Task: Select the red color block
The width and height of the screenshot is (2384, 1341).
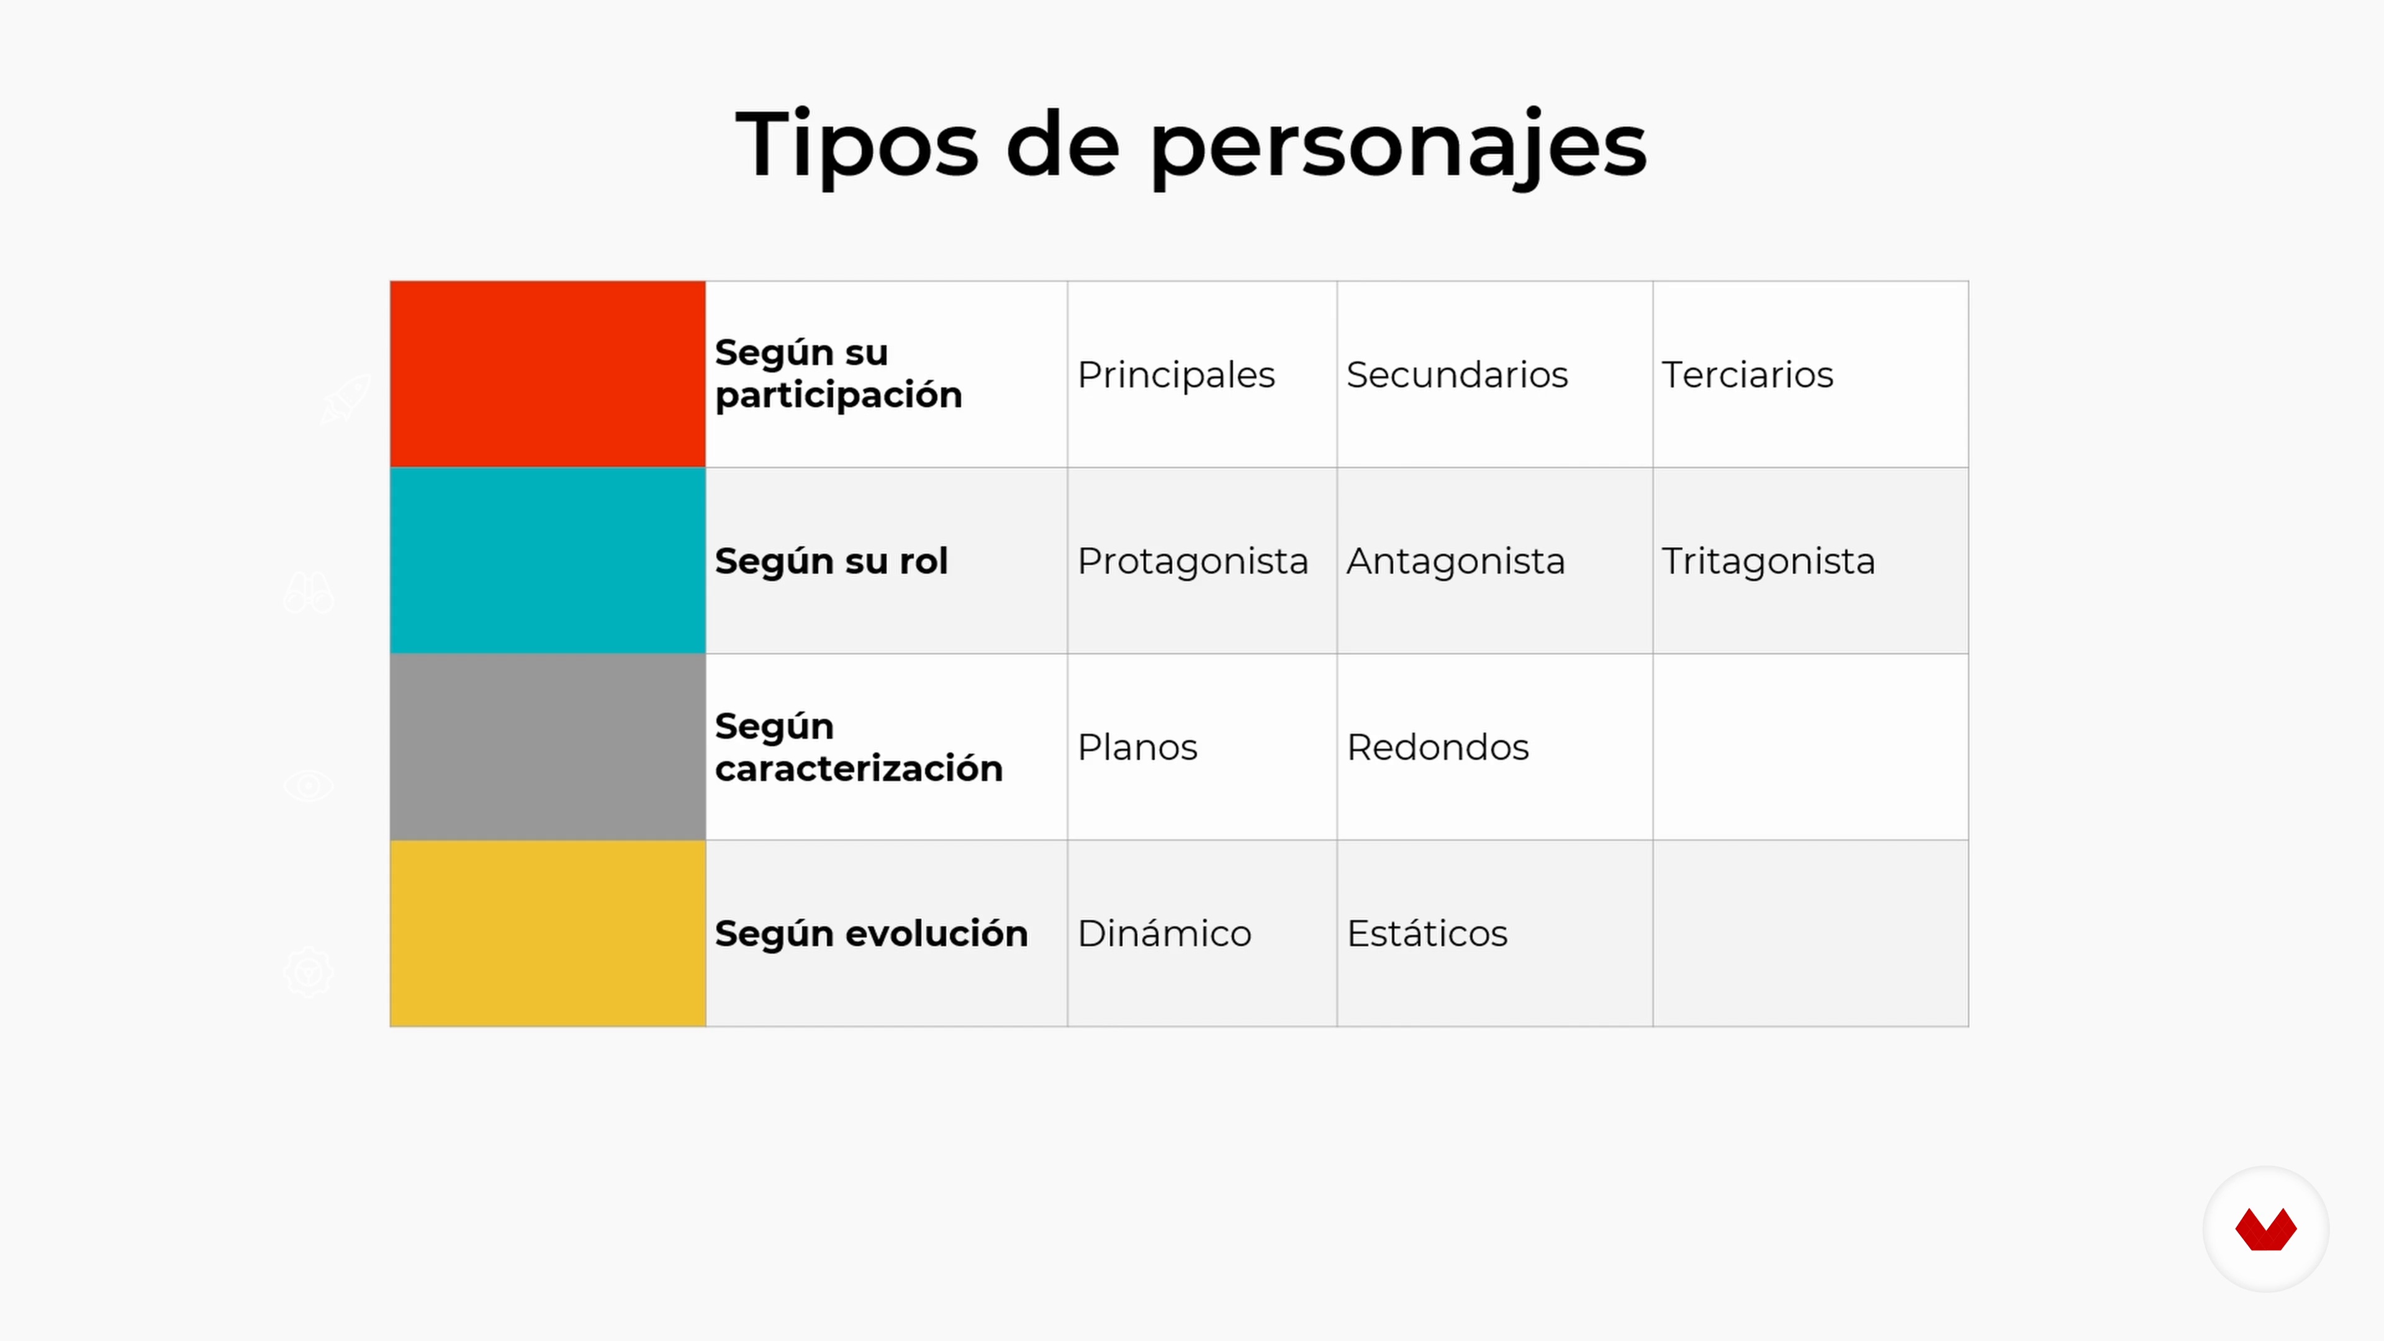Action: [x=548, y=374]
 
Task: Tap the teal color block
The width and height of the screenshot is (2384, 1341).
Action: [x=548, y=560]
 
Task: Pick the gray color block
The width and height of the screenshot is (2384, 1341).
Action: [x=548, y=747]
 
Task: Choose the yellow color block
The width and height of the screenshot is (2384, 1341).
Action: [x=548, y=933]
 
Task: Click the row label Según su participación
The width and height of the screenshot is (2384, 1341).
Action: [x=839, y=374]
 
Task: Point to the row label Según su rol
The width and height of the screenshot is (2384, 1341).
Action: [x=831, y=561]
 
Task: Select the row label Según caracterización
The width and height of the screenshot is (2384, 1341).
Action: [x=859, y=747]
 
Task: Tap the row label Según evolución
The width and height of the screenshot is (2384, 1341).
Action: [x=871, y=933]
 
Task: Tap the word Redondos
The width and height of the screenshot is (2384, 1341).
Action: [x=1437, y=747]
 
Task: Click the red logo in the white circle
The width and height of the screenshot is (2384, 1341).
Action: [x=2265, y=1229]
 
